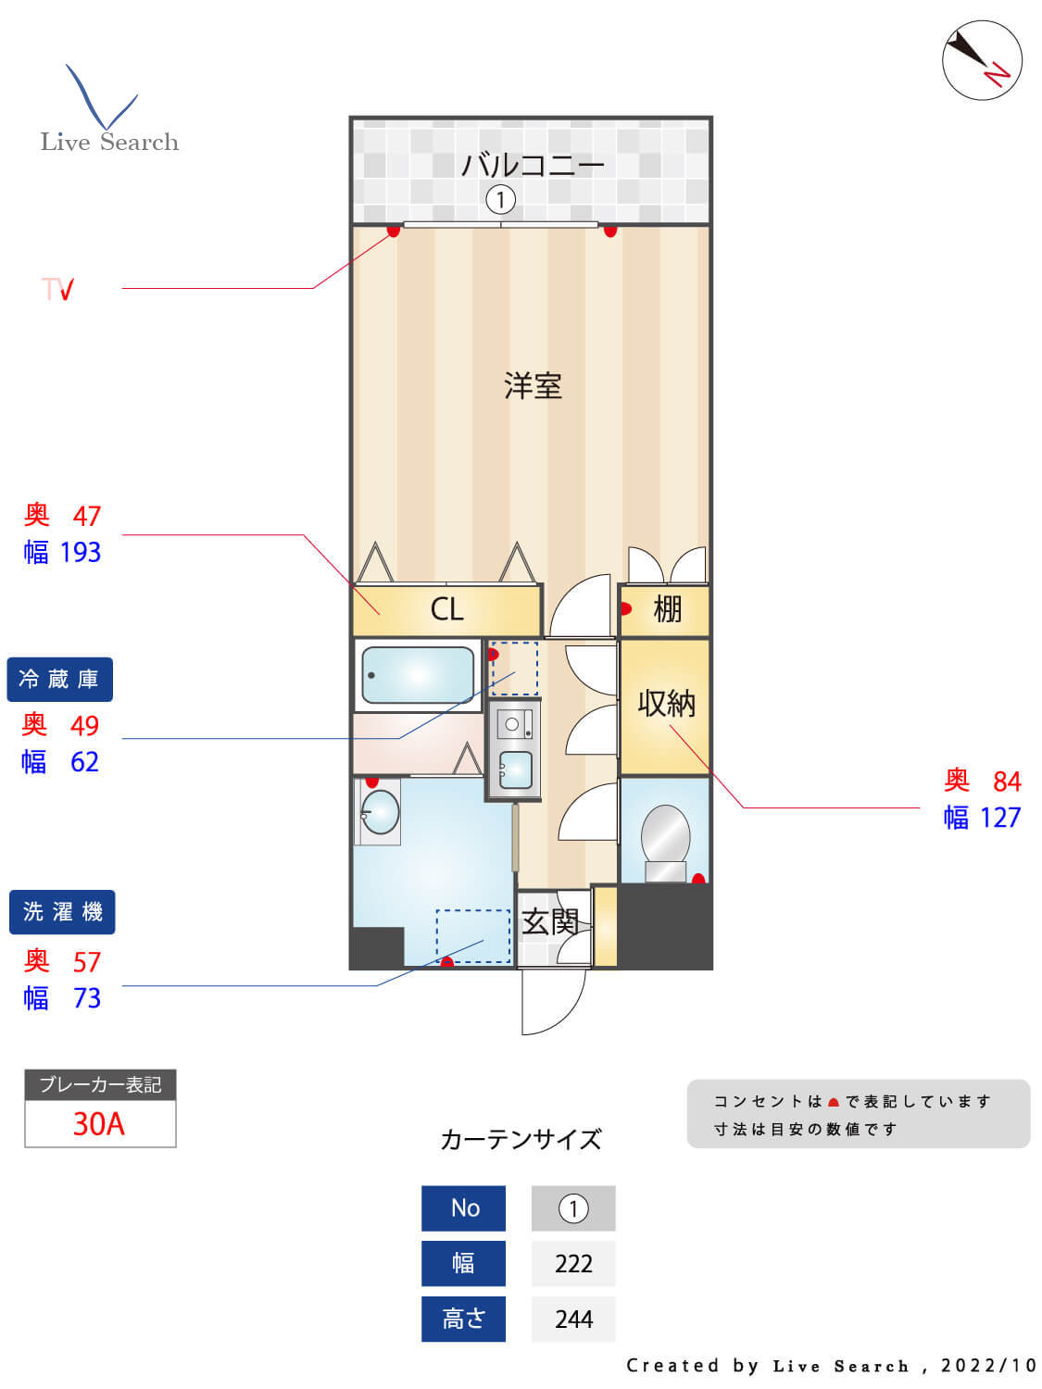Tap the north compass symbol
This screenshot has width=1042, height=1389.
pyautogui.click(x=982, y=60)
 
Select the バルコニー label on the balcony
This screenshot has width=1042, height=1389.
pyautogui.click(x=532, y=166)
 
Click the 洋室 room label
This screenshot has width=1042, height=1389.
pyautogui.click(x=533, y=385)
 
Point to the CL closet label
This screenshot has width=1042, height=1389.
pyautogui.click(x=446, y=609)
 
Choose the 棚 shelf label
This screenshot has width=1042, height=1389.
pyautogui.click(x=667, y=609)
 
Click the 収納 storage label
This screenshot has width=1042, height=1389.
pyautogui.click(x=666, y=704)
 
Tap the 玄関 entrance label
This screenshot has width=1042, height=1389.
pyautogui.click(x=550, y=921)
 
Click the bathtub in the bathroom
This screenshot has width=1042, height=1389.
pyautogui.click(x=418, y=675)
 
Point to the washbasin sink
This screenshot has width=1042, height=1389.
pyautogui.click(x=380, y=812)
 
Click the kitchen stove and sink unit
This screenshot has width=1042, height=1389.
pyautogui.click(x=514, y=748)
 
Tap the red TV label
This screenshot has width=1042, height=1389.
pyautogui.click(x=57, y=290)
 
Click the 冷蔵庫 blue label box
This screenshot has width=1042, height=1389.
pyautogui.click(x=59, y=680)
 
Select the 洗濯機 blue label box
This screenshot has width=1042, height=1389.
pyautogui.click(x=62, y=912)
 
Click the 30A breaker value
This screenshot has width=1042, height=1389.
pyautogui.click(x=99, y=1124)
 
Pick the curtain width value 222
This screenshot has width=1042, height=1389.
pyautogui.click(x=573, y=1264)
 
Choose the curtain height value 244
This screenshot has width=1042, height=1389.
pyautogui.click(x=573, y=1320)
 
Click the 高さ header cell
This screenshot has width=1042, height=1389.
pyautogui.click(x=463, y=1320)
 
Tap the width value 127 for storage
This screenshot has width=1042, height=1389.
pyautogui.click(x=1000, y=818)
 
